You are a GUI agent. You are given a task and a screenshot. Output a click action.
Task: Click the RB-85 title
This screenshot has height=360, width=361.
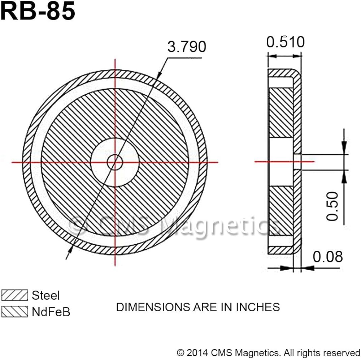[38, 11]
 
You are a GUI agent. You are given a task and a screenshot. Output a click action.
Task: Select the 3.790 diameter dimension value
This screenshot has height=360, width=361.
[187, 47]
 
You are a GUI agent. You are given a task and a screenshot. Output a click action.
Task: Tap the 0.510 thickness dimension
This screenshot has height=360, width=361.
[286, 42]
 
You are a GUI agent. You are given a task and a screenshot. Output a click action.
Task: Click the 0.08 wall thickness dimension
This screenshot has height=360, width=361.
[328, 257]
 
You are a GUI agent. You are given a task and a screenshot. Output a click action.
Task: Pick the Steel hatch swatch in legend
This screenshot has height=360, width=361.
[14, 295]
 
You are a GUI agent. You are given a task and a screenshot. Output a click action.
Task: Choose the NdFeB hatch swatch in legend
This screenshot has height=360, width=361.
[14, 312]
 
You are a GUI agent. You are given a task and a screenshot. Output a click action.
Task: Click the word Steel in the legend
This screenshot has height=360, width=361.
[45, 295]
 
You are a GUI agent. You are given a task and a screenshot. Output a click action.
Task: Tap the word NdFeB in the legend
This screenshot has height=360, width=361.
[51, 312]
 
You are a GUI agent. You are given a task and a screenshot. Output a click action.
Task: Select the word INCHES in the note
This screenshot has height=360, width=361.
[258, 307]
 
